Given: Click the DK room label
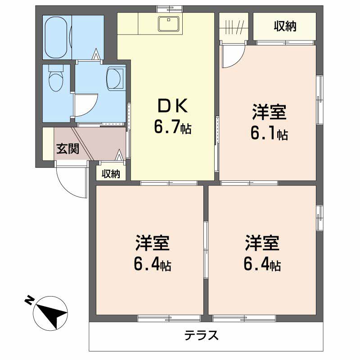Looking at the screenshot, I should pyautogui.click(x=171, y=106).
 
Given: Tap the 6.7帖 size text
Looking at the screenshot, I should pyautogui.click(x=172, y=128).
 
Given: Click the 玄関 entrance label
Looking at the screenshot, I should pyautogui.click(x=67, y=149).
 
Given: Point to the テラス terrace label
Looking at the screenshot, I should pyautogui.click(x=202, y=336).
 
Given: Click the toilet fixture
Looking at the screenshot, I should pyautogui.click(x=56, y=80).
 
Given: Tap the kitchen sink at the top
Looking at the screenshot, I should pyautogui.click(x=170, y=23).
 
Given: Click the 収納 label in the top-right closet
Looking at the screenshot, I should pyautogui.click(x=285, y=27).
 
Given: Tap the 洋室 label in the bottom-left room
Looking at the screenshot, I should pyautogui.click(x=152, y=243).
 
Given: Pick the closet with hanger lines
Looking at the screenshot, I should pyautogui.click(x=234, y=27).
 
